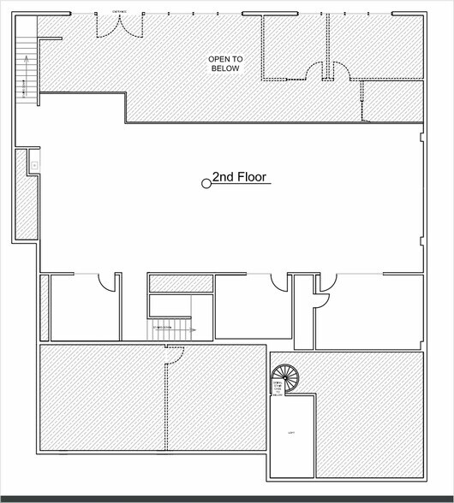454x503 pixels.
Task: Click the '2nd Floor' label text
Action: (241, 178)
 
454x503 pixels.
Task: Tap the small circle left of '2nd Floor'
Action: (206, 183)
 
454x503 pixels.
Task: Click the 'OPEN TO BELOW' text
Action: (226, 63)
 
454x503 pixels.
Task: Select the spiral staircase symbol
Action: (285, 378)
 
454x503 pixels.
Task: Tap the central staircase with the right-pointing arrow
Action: (170, 329)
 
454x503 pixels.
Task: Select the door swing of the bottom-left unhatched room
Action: (107, 283)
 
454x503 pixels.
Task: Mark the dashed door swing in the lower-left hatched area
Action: (174, 355)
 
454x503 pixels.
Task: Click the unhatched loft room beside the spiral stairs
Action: (291, 436)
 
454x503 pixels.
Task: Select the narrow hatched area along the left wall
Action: (26, 195)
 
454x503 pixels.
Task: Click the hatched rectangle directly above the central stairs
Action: (180, 283)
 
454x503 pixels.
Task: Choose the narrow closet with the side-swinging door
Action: (303, 312)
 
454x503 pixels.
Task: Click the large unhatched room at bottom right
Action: (368, 312)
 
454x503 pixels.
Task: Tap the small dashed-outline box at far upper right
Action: (392, 101)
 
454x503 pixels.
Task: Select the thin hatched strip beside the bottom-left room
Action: (45, 308)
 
